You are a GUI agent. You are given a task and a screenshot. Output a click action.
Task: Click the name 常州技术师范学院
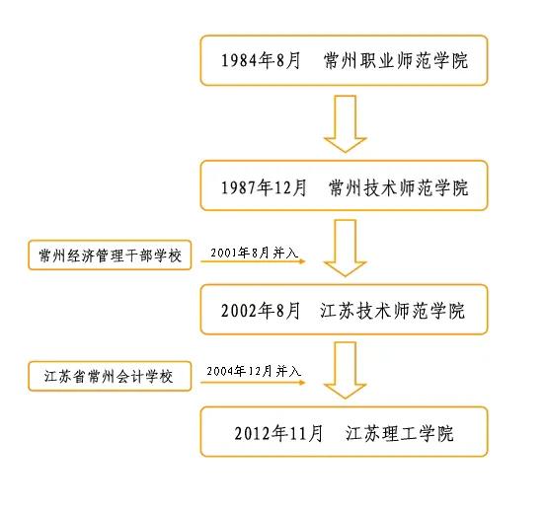click(x=399, y=186)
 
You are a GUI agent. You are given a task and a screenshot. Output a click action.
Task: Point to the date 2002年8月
click(x=261, y=310)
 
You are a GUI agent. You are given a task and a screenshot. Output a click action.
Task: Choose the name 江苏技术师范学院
click(x=392, y=310)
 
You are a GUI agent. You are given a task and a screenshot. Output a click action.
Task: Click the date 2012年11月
click(x=278, y=432)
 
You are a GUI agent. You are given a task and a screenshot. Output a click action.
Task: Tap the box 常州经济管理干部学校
click(x=111, y=255)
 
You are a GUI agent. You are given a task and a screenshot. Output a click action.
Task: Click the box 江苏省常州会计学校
click(x=111, y=378)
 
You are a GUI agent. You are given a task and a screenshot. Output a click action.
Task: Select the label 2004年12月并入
click(x=253, y=371)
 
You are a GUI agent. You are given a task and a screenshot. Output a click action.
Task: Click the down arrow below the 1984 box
click(x=345, y=123)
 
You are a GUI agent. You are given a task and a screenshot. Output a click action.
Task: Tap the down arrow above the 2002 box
click(x=345, y=248)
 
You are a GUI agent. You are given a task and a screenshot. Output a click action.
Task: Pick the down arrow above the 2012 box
click(x=345, y=370)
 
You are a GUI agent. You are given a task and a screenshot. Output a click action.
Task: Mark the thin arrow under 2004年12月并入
click(x=253, y=383)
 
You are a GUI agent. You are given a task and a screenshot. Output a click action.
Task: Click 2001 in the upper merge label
click(x=224, y=253)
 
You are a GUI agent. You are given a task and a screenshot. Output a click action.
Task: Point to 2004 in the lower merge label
click(x=219, y=371)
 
